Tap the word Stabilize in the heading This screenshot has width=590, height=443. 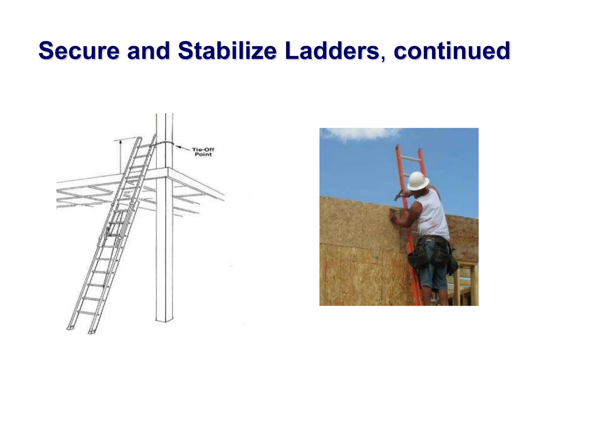click(227, 51)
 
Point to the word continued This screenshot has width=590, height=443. click(452, 51)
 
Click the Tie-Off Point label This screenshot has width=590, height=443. click(203, 152)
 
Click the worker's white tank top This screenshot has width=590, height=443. click(432, 217)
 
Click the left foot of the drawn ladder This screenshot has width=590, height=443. click(70, 328)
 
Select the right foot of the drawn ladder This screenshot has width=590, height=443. click(92, 332)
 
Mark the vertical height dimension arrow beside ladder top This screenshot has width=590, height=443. click(120, 156)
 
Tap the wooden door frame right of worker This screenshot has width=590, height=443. click(467, 283)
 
